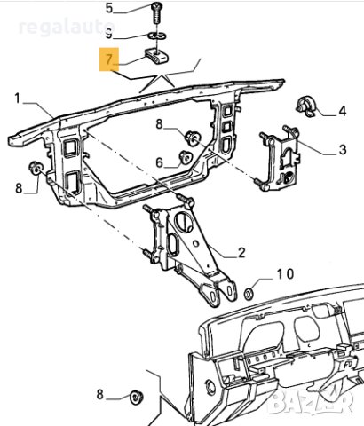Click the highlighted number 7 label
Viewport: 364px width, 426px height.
coord(109,61)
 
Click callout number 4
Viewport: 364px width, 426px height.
coord(342,112)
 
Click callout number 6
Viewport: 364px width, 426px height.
coord(160,162)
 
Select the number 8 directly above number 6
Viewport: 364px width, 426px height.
coord(160,125)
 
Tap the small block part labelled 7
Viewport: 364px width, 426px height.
coord(156,58)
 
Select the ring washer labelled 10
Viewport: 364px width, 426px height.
coord(249,293)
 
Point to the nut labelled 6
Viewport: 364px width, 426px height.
coord(186,158)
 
